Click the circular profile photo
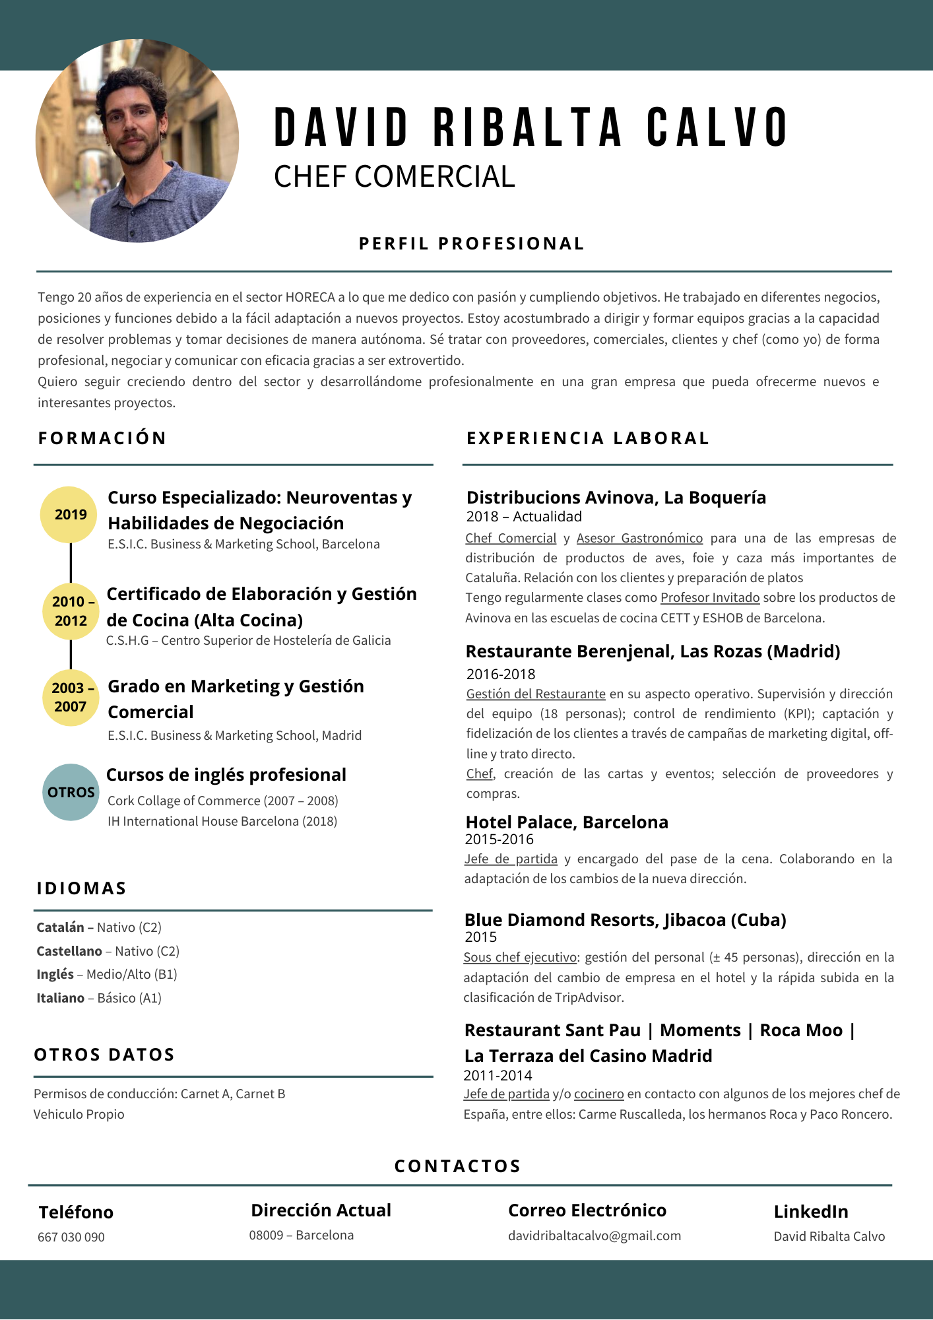click(x=137, y=141)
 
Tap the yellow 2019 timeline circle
click(x=70, y=515)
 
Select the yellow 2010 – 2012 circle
click(x=71, y=611)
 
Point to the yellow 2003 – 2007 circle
click(x=71, y=697)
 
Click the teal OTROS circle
click(x=71, y=792)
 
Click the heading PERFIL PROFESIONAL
click(x=471, y=244)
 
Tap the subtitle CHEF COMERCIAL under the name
click(x=394, y=177)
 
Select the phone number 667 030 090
click(x=71, y=1237)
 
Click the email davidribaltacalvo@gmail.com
click(x=594, y=1236)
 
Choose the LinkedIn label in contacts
click(x=810, y=1211)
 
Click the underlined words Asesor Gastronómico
click(x=639, y=538)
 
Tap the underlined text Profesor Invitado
click(x=710, y=597)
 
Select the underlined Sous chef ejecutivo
click(x=520, y=957)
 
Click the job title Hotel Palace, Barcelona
click(x=567, y=822)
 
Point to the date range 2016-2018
click(x=501, y=674)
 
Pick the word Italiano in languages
click(x=60, y=998)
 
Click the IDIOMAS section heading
click(x=81, y=888)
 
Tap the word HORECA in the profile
click(x=309, y=297)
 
